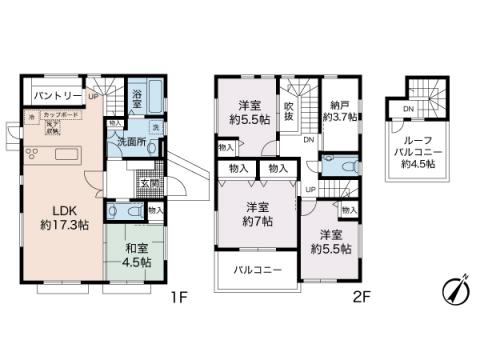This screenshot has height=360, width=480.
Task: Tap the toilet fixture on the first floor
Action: (113, 213)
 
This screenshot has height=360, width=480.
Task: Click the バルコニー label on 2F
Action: (258, 270)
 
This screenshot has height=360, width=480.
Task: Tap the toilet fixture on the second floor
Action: (344, 164)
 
